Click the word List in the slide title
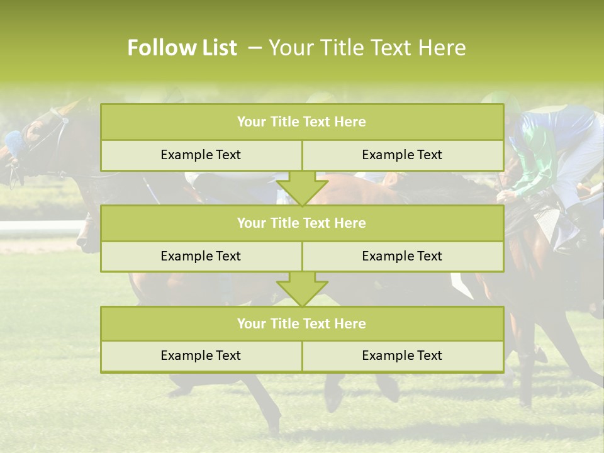point(215,48)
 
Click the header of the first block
point(301,122)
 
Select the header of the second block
point(301,223)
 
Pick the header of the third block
point(301,323)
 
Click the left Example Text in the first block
point(201,155)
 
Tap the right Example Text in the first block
point(402,155)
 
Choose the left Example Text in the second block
point(201,256)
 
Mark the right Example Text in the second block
point(402,256)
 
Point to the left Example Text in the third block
point(201,355)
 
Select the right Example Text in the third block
point(402,355)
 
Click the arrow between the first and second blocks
point(302,189)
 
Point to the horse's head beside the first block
point(38,138)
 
